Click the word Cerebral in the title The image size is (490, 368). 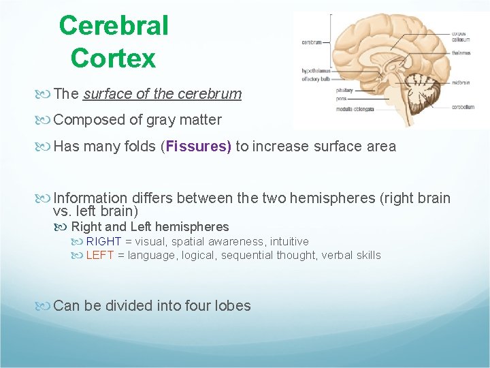[x=114, y=26]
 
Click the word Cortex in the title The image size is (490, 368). [x=113, y=58]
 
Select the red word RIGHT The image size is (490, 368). [x=103, y=241]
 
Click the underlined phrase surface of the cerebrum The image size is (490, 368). [x=162, y=94]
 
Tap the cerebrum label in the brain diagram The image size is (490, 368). [x=312, y=42]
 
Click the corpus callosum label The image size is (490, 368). [x=461, y=36]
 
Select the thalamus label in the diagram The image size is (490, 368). [x=461, y=52]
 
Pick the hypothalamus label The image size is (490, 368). [x=315, y=70]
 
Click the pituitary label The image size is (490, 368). [x=344, y=89]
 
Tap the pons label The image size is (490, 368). [x=341, y=99]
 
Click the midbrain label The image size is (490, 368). [x=460, y=82]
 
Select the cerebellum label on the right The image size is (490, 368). [x=463, y=107]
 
